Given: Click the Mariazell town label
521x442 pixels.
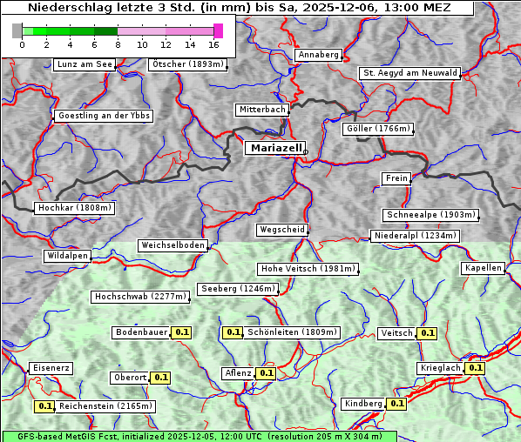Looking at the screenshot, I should pyautogui.click(x=274, y=148).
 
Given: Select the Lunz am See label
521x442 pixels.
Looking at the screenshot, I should pyautogui.click(x=85, y=64).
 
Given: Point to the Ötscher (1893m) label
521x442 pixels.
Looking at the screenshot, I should pyautogui.click(x=187, y=64).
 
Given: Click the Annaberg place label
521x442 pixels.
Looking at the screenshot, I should pyautogui.click(x=318, y=55).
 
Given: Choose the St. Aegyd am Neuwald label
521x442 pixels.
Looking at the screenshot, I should pyautogui.click(x=409, y=73).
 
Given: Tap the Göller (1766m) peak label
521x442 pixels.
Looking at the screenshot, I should pyautogui.click(x=377, y=129).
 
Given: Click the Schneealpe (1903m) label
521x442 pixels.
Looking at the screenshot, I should pyautogui.click(x=430, y=215).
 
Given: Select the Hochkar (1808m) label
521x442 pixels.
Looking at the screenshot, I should pyautogui.click(x=75, y=208).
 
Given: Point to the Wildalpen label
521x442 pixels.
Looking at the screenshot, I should pyautogui.click(x=67, y=256).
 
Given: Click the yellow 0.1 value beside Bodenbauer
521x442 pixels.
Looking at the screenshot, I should pyautogui.click(x=182, y=332).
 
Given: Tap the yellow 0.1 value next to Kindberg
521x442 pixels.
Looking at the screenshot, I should pyautogui.click(x=396, y=404).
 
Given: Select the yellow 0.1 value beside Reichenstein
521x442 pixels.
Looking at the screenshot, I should pyautogui.click(x=44, y=406).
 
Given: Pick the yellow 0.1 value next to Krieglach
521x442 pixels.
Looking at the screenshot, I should pyautogui.click(x=475, y=368).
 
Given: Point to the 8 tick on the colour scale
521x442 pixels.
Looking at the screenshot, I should pyautogui.click(x=118, y=44).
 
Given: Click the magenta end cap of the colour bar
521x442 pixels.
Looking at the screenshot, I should pyautogui.click(x=218, y=30).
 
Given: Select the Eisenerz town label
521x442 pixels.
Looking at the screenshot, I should pyautogui.click(x=51, y=368).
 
